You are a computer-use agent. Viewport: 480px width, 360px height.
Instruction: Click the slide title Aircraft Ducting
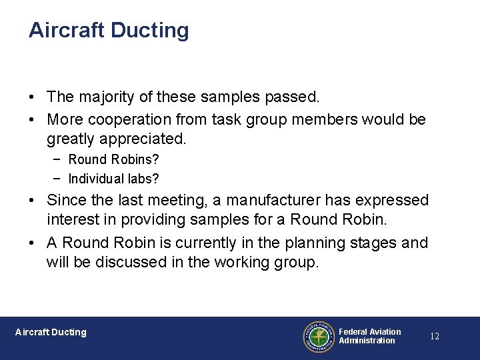click(109, 30)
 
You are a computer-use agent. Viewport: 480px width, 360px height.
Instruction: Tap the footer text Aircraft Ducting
click(51, 332)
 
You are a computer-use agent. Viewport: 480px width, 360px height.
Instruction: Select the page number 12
click(434, 336)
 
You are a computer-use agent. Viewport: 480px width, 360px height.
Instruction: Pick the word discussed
click(133, 263)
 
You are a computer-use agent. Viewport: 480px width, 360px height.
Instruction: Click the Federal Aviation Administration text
click(369, 336)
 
